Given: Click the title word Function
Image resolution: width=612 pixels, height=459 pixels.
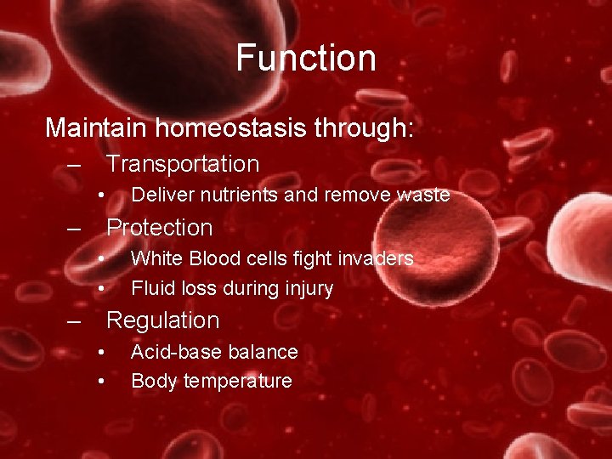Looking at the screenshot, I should click(306, 58).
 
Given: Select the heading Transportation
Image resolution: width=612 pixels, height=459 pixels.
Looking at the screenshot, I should click(183, 163).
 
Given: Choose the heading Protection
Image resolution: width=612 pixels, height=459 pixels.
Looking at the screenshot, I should click(159, 228).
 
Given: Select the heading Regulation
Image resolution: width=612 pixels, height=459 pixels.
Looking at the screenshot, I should click(162, 320).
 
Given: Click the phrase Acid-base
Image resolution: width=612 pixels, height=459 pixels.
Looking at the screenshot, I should click(168, 352).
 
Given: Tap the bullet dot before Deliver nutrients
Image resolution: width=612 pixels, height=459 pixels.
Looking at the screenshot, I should click(100, 195).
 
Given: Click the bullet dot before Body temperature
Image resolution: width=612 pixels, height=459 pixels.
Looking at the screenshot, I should click(100, 382).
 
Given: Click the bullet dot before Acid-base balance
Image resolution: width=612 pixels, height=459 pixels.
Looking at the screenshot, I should click(100, 352).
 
